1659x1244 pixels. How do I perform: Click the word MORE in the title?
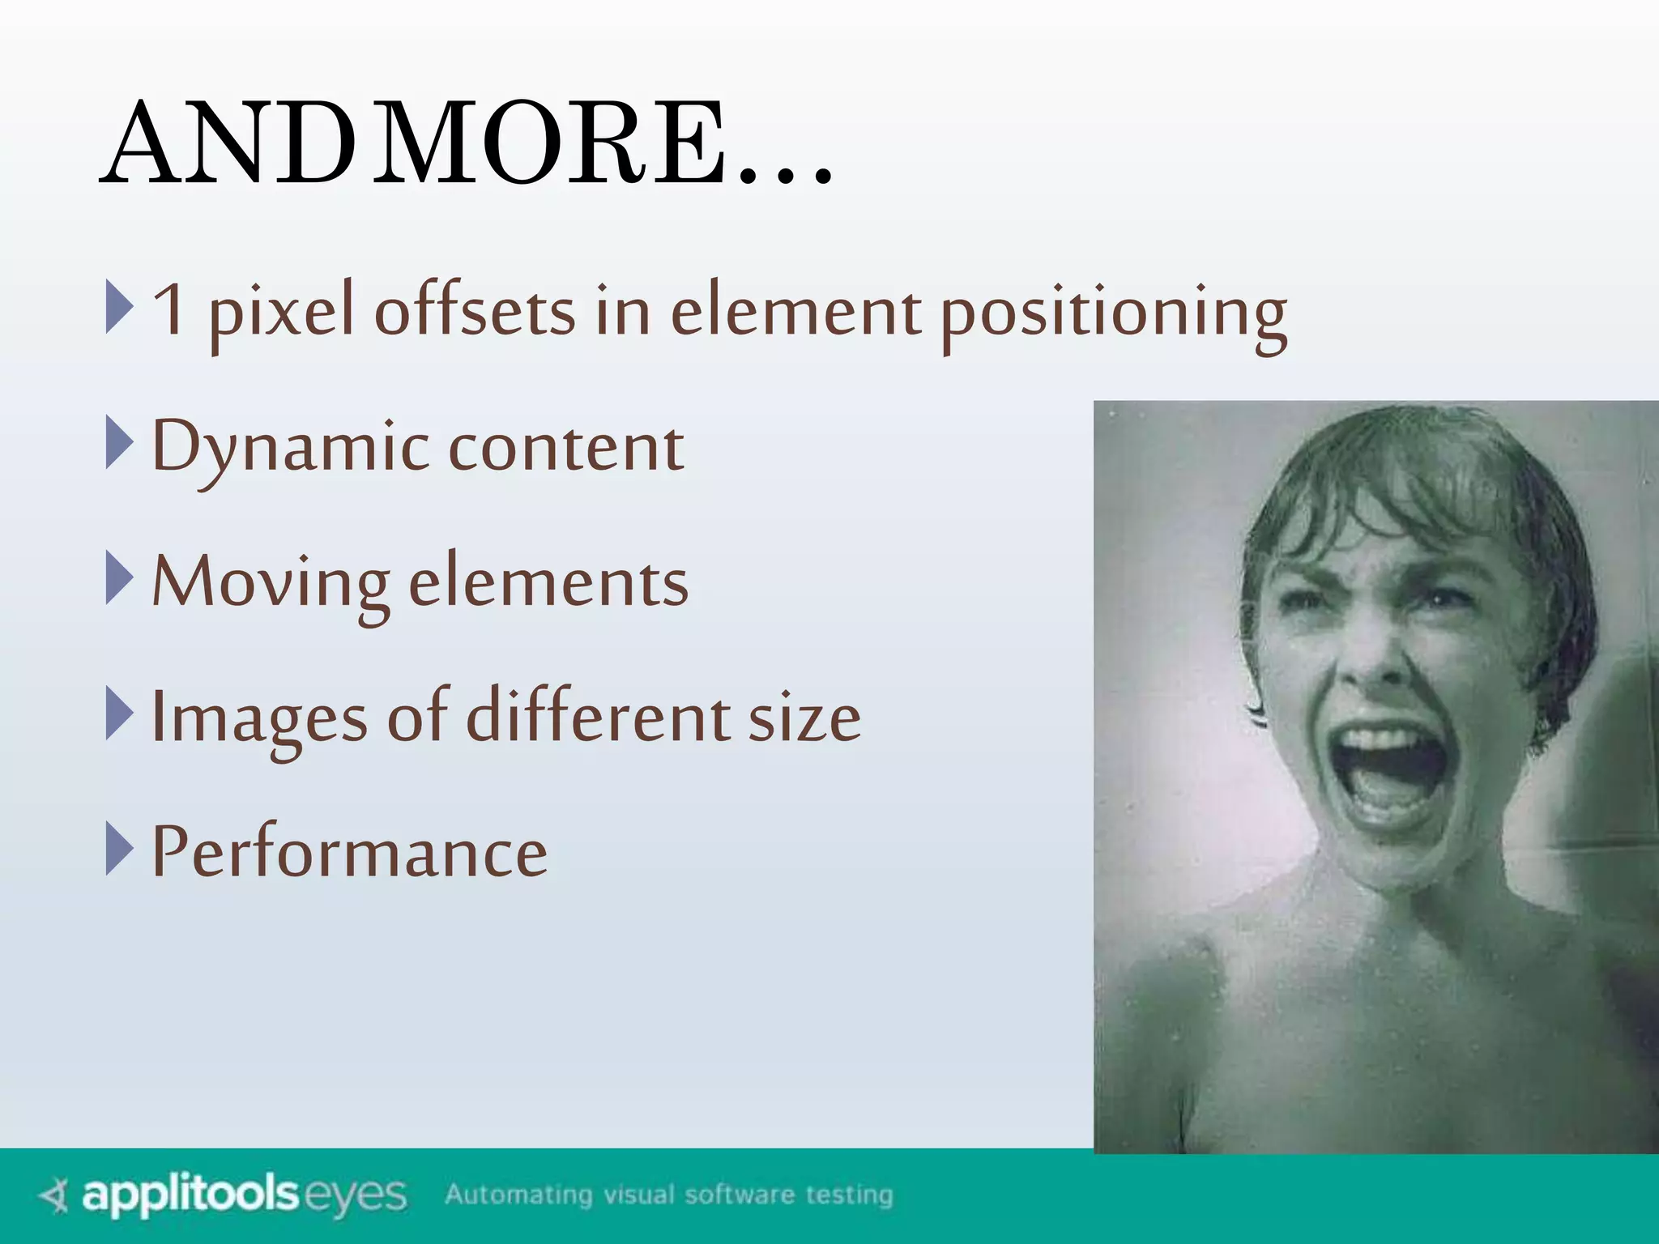coord(551,144)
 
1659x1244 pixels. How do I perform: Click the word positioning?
coord(1114,313)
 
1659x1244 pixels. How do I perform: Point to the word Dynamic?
coord(292,447)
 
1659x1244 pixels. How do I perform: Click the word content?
coord(566,447)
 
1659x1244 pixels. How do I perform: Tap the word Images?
coord(259,718)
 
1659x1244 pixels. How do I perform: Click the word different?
coord(599,716)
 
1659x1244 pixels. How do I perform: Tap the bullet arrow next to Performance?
coord(119,848)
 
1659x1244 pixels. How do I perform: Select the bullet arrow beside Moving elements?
coord(119,578)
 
